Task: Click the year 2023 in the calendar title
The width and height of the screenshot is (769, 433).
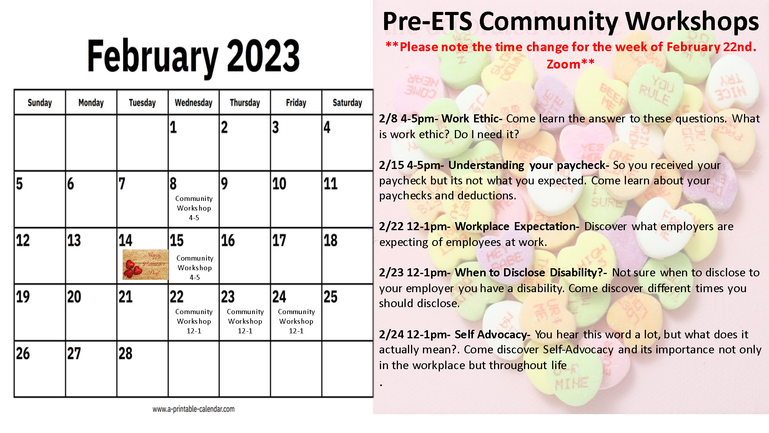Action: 263,56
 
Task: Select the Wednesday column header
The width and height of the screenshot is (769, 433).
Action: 193,103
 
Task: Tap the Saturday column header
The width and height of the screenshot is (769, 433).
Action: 347,103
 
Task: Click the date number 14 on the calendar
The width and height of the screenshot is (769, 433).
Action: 125,241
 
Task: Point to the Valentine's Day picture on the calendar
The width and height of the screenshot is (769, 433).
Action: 145,264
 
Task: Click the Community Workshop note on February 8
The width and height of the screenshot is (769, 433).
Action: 194,208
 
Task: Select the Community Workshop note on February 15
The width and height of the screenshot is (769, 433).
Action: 195,267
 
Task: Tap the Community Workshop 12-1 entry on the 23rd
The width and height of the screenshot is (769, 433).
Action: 245,321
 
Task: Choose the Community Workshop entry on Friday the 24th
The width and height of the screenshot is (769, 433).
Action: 296,321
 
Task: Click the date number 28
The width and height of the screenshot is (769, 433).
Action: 125,353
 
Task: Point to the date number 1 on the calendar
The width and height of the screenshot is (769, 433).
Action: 173,127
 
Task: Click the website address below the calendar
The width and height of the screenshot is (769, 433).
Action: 193,409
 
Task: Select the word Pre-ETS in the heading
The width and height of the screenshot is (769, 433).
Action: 427,22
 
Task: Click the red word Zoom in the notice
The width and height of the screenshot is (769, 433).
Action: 563,64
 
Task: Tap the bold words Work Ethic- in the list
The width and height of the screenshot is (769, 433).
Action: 472,119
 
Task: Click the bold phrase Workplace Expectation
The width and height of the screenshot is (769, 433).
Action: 517,226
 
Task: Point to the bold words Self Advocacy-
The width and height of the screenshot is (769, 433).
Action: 492,334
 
